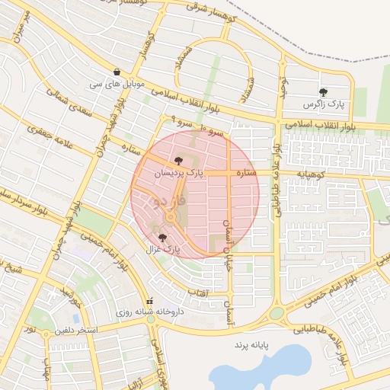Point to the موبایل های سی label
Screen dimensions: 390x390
tap(116, 82)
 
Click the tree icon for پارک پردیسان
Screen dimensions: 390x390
tap(178, 161)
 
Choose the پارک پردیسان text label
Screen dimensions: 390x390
tap(180, 173)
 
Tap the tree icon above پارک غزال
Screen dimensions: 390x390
tap(162, 238)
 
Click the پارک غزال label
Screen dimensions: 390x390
tap(165, 249)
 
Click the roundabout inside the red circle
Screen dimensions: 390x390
tap(169, 219)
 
